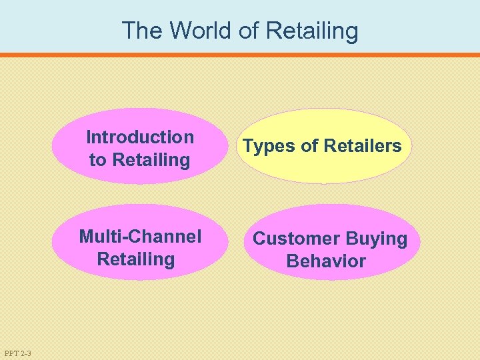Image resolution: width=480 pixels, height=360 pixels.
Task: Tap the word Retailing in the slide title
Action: pyautogui.click(x=312, y=31)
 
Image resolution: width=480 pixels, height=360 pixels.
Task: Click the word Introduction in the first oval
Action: pyautogui.click(x=140, y=137)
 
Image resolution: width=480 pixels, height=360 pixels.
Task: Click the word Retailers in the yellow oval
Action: pyautogui.click(x=362, y=146)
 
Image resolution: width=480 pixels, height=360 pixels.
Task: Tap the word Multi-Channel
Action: pyautogui.click(x=140, y=237)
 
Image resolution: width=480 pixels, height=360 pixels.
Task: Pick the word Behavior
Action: pyautogui.click(x=326, y=261)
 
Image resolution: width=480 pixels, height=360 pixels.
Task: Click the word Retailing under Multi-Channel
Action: pyautogui.click(x=136, y=259)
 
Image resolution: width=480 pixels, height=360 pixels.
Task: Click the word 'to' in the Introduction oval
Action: pyautogui.click(x=98, y=160)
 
